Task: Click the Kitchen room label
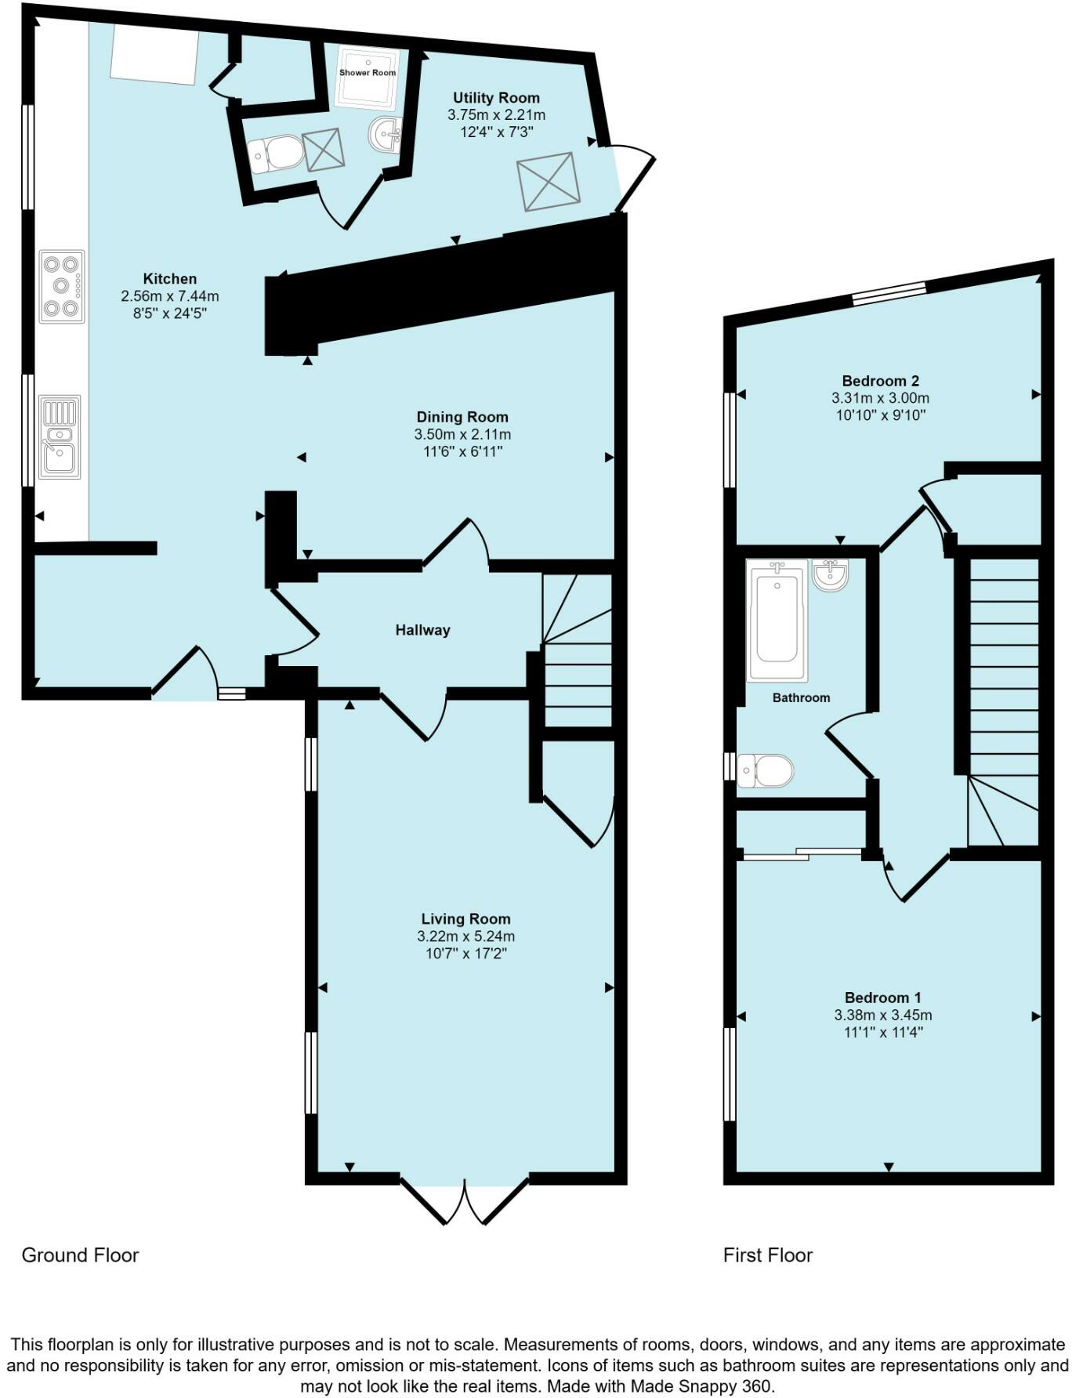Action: tap(169, 279)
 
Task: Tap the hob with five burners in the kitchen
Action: tap(62, 286)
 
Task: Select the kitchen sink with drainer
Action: tap(60, 436)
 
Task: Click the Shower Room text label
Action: tap(368, 73)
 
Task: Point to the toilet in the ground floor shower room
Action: tap(277, 154)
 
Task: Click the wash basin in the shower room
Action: tap(385, 134)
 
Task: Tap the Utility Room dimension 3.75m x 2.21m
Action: tap(496, 115)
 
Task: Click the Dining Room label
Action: tap(462, 417)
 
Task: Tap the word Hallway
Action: tap(422, 630)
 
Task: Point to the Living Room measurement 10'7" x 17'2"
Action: tap(465, 954)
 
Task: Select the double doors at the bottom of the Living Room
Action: tap(465, 1199)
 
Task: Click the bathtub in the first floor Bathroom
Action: tap(777, 619)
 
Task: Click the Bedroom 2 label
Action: tap(880, 382)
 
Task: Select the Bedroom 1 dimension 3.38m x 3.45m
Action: tap(882, 1015)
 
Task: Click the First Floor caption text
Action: tap(767, 1255)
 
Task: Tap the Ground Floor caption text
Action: tap(80, 1255)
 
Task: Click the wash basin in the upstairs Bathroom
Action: tap(830, 574)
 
